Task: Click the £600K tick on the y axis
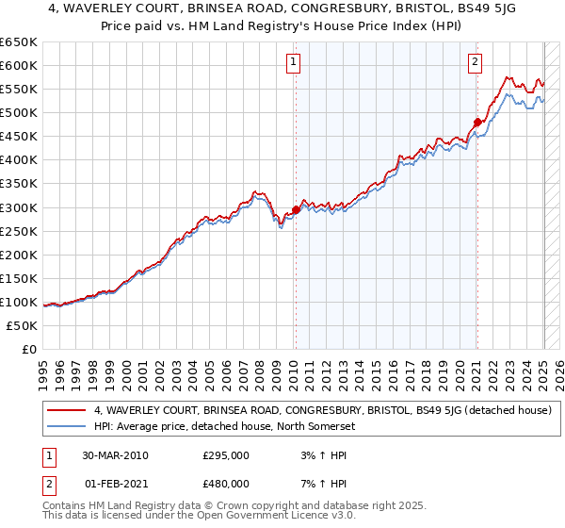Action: pos(18,65)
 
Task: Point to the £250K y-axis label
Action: pos(18,231)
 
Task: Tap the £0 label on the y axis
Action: pos(28,349)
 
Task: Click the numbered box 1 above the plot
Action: pos(294,63)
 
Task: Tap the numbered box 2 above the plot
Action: pos(475,63)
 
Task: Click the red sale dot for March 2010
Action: pos(296,209)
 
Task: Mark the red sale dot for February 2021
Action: pos(477,122)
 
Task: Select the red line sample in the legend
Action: pos(67,410)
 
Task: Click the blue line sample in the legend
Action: pos(67,425)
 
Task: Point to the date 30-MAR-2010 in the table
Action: pos(116,455)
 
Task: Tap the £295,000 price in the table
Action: pos(225,455)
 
